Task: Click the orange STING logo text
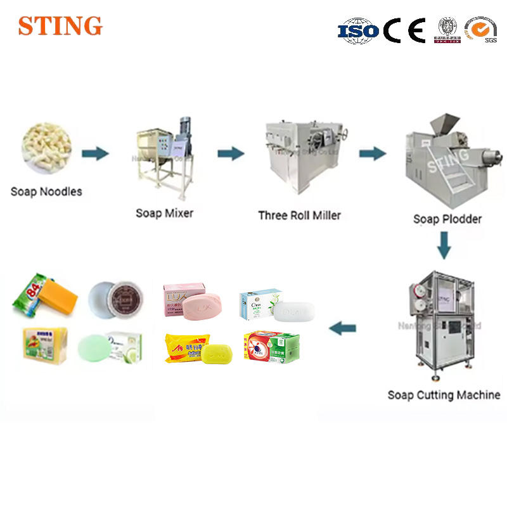pyautogui.click(x=60, y=26)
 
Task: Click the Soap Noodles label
pyautogui.click(x=46, y=191)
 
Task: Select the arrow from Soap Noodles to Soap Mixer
pyautogui.click(x=95, y=153)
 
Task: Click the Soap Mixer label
pyautogui.click(x=165, y=213)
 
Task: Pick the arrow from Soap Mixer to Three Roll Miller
pyautogui.click(x=231, y=153)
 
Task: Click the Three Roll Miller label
pyautogui.click(x=299, y=215)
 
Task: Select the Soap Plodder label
pyautogui.click(x=447, y=219)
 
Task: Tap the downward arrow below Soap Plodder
pyautogui.click(x=444, y=245)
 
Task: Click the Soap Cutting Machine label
pyautogui.click(x=444, y=395)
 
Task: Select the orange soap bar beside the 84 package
pyautogui.click(x=61, y=298)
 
